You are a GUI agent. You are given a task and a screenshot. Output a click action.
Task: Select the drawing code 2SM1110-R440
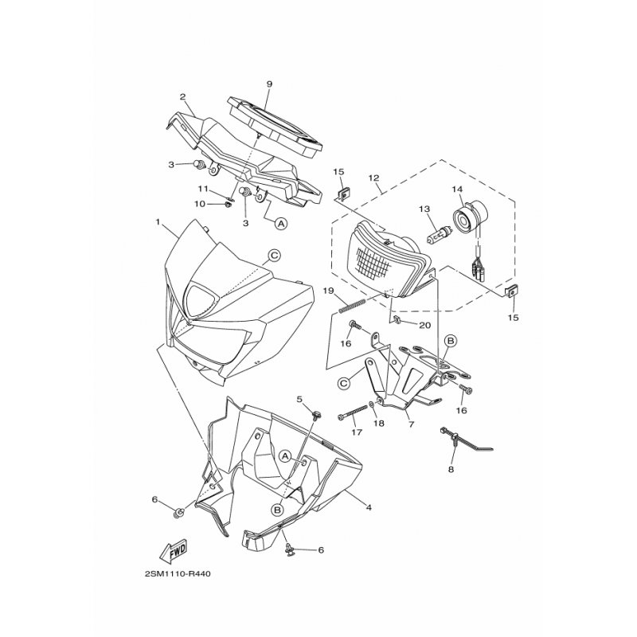coord(177,574)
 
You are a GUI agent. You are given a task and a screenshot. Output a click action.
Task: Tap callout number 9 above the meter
coord(269,84)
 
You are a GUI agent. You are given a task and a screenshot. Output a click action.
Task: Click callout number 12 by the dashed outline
coord(373,178)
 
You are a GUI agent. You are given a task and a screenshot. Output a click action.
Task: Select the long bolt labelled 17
coord(352,415)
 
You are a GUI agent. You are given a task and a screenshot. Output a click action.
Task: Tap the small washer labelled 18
coord(372,404)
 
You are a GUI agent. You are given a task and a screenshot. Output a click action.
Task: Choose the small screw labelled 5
coord(315,415)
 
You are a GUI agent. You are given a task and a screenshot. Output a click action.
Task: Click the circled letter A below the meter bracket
coord(279,223)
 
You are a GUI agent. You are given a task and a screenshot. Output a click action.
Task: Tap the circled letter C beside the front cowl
coord(275,255)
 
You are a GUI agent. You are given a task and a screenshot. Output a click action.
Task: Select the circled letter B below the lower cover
coord(276,509)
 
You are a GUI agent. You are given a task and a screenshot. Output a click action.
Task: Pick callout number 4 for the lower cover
coord(369,507)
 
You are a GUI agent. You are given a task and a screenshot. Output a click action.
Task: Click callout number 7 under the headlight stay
coord(411,424)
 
